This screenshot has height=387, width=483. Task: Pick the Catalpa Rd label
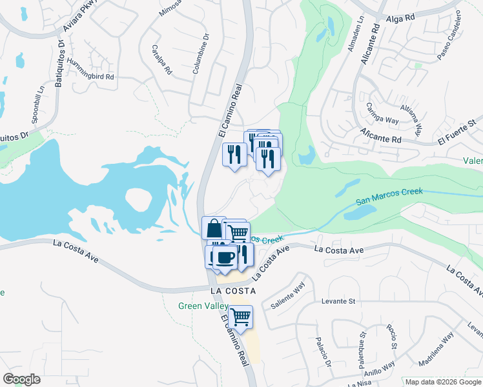tap(161, 58)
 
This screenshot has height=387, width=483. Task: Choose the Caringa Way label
tap(382, 112)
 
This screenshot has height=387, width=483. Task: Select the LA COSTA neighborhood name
tap(233, 291)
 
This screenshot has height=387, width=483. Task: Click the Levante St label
tap(338, 301)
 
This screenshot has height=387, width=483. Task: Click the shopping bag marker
tap(214, 228)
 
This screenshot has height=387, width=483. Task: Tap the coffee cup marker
tap(224, 257)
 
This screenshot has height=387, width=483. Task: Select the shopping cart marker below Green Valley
tap(240, 317)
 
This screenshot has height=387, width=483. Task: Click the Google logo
tap(21, 379)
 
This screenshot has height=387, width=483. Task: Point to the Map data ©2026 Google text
tap(443, 382)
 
